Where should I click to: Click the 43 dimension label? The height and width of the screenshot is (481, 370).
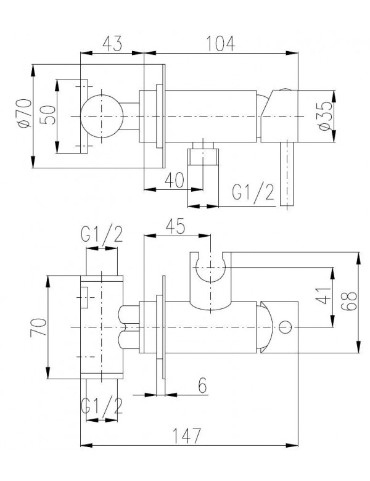coord(112,44)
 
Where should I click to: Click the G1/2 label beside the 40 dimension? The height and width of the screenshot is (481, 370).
coord(252,193)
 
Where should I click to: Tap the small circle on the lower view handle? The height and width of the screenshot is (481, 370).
coord(284,327)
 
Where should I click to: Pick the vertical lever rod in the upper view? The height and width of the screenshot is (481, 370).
coord(286,175)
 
